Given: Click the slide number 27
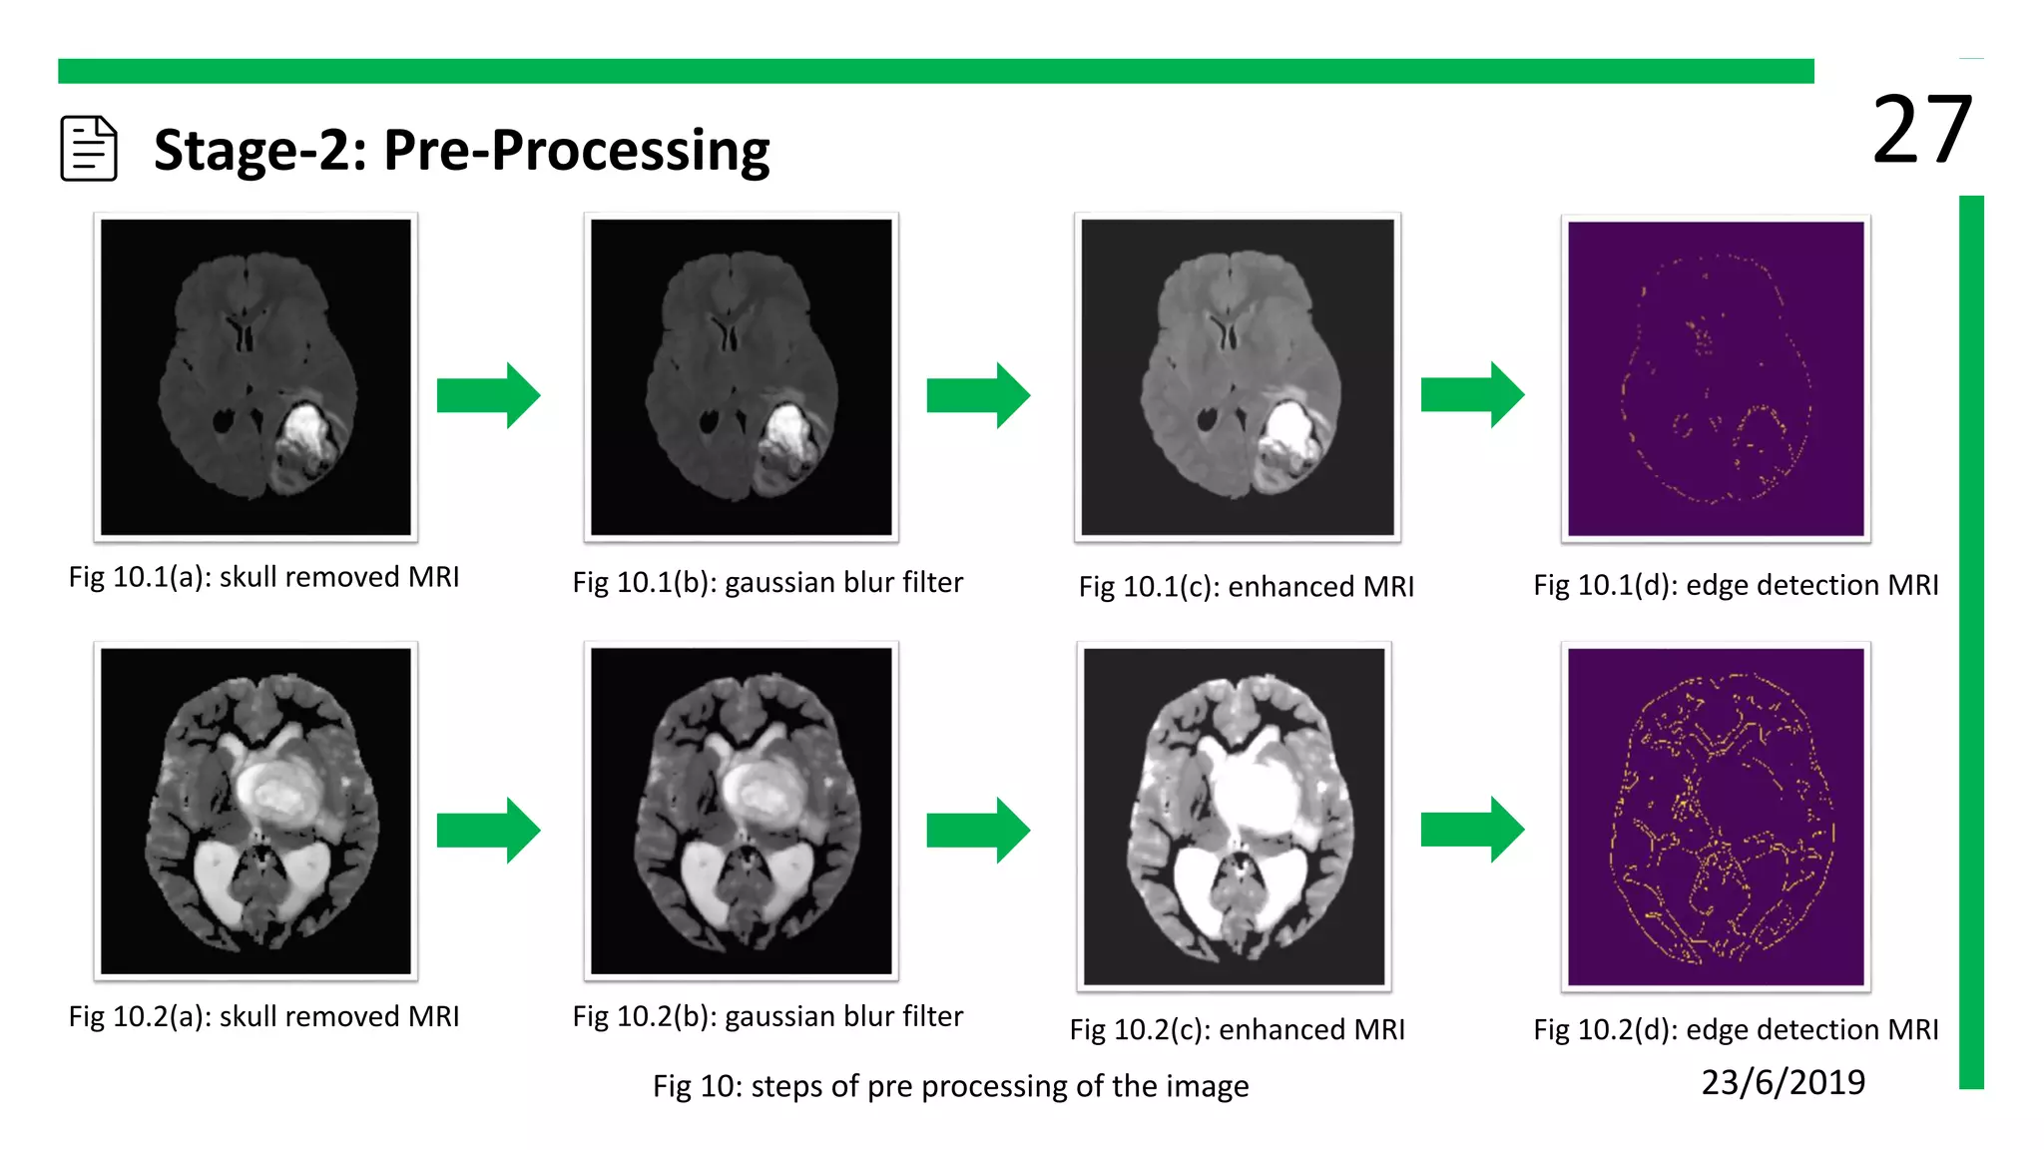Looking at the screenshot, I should (1921, 130).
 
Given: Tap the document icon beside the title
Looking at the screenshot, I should (89, 149).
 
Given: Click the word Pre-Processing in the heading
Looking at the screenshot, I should (576, 150).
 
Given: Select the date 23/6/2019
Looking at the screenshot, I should (1783, 1082).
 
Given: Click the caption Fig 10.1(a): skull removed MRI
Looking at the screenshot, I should (263, 577).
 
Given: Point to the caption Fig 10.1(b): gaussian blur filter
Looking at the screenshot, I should (767, 582).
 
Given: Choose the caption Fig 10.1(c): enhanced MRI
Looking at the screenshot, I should (1246, 586).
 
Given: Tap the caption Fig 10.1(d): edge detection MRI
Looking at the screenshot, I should (1736, 584).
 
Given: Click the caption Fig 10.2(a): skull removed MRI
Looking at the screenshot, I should (263, 1016).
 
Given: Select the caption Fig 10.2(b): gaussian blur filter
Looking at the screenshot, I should (767, 1016).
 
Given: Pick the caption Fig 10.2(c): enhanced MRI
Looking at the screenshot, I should (1237, 1029).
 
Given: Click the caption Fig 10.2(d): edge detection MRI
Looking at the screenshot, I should (1736, 1029).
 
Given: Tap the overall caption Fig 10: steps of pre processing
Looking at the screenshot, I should (950, 1086).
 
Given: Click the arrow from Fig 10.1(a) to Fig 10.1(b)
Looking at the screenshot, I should (488, 395).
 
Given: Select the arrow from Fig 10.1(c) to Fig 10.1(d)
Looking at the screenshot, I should (1472, 394).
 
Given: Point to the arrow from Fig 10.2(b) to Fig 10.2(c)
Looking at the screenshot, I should (978, 830).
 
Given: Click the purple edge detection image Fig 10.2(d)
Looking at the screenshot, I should (1716, 817).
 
